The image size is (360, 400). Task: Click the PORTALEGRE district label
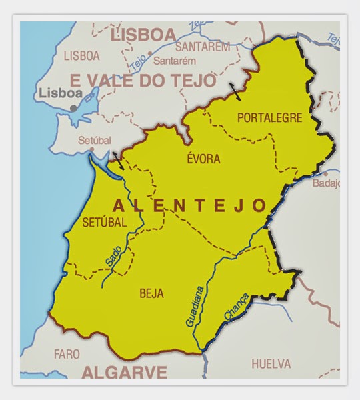coord(269,118)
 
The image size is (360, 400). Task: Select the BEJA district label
coord(152,293)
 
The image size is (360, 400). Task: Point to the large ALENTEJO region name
coord(190,205)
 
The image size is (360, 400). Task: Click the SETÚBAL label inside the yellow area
coord(104,223)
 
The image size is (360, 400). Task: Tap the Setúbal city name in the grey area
coord(94,141)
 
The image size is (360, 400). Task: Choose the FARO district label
coord(67,353)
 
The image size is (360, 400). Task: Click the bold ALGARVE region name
coord(123,371)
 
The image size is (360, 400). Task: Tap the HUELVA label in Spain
coord(271,364)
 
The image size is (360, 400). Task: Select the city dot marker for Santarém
coord(150,54)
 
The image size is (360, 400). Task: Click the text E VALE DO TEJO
coord(143,81)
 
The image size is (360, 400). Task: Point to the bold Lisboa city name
coord(60,93)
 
